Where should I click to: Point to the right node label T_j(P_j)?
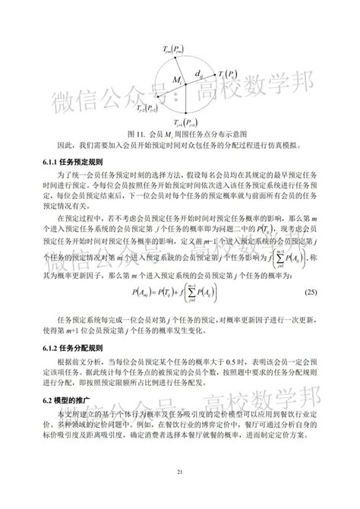tap(229, 74)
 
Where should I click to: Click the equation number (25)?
tap(310, 292)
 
